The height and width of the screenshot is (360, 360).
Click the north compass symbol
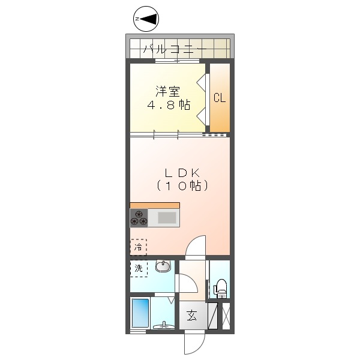pyautogui.click(x=146, y=20)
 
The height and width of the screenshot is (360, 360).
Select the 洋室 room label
pyautogui.click(x=167, y=92)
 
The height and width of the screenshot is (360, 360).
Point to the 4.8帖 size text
pyautogui.click(x=169, y=105)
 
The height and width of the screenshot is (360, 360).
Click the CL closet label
pyautogui.click(x=220, y=98)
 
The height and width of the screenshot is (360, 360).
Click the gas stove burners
pyautogui.click(x=139, y=217)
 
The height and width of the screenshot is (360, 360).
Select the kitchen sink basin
pyautogui.click(x=166, y=217)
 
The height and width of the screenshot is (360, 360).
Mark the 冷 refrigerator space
pyautogui.click(x=139, y=247)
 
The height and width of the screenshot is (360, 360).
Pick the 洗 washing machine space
pyautogui.click(x=139, y=268)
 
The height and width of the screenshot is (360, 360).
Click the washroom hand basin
pyautogui.click(x=163, y=266)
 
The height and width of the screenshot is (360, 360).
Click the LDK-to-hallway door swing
pyautogui.click(x=196, y=246)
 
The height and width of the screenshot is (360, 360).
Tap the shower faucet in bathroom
pyautogui.click(x=163, y=326)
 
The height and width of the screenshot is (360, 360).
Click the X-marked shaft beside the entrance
pyautogui.click(x=226, y=316)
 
